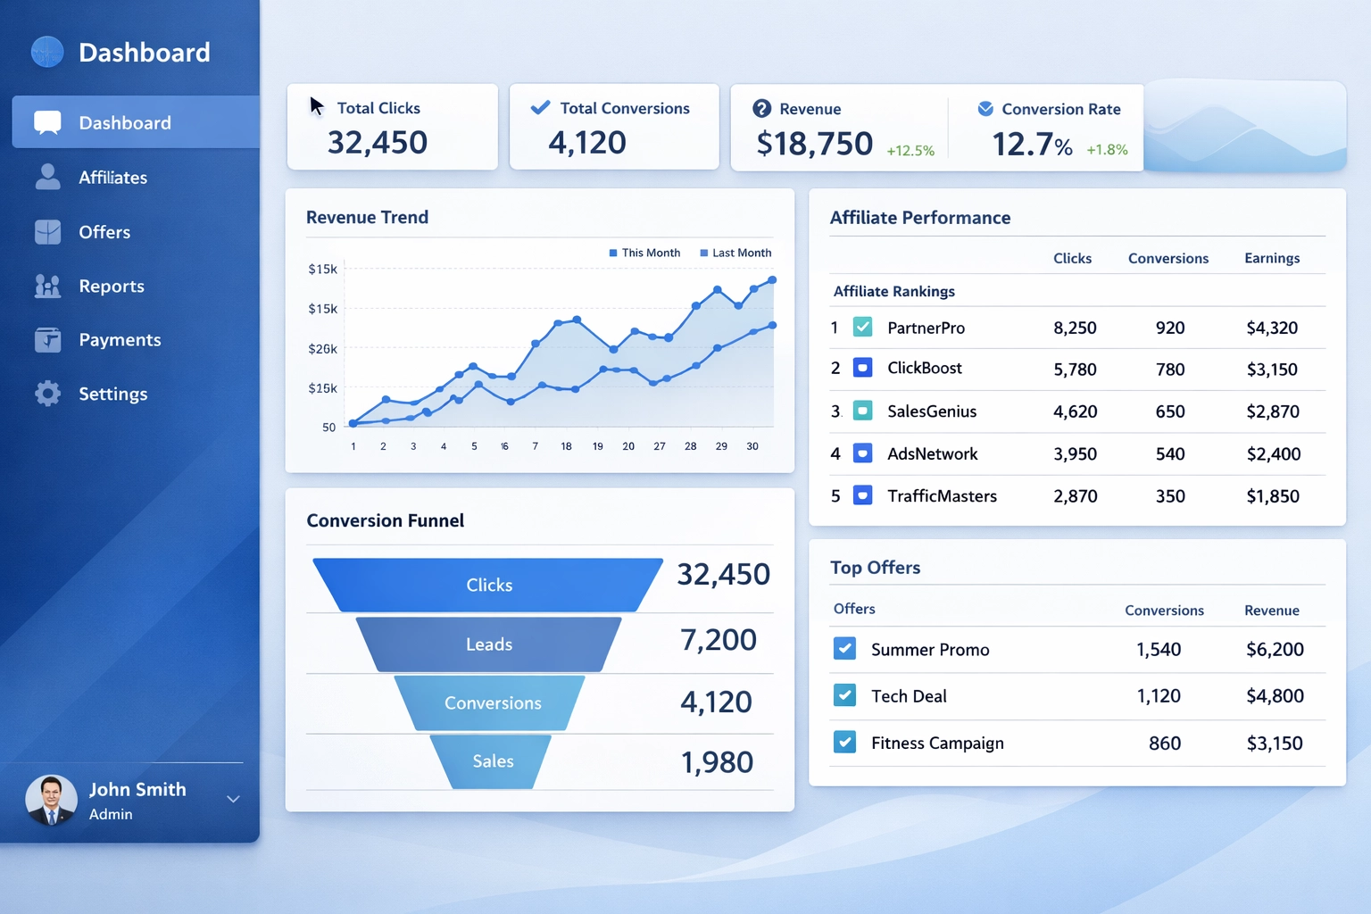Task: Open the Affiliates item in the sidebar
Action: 112,178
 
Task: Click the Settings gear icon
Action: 47,394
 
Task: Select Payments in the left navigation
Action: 120,340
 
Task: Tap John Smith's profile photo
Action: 51,799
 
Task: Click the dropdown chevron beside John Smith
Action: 233,799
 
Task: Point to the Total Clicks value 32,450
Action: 378,143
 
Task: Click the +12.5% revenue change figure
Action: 910,151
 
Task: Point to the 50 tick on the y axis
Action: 329,428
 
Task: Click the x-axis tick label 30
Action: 752,446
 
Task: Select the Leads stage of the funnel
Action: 489,644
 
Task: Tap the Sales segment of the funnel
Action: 493,761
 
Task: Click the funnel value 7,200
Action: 719,640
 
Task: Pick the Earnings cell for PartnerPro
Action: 1272,328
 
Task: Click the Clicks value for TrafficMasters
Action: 1076,496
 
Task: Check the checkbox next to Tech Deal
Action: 844,695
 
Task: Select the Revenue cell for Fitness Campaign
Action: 1275,743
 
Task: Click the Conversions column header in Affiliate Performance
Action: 1167,259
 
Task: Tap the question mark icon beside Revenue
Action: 761,109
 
